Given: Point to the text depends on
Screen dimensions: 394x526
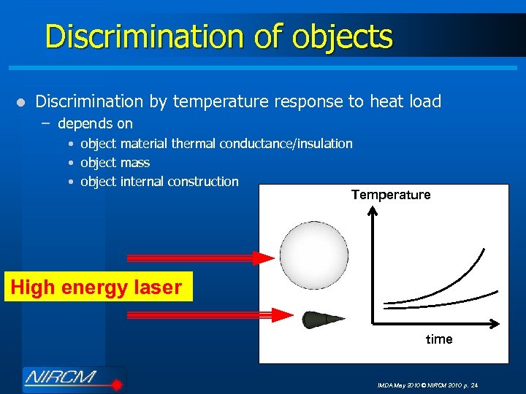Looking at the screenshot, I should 95,124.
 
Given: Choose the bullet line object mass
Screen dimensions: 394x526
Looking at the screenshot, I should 115,163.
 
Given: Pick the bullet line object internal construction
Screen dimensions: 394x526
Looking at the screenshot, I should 159,181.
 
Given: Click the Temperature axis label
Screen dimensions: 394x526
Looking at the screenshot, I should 391,195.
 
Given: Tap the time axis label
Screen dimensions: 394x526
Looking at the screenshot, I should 439,339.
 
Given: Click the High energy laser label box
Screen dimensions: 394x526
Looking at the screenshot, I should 96,287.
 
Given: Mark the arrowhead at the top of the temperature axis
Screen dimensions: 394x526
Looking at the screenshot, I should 373,211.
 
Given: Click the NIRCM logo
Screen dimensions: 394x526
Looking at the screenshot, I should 73,379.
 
